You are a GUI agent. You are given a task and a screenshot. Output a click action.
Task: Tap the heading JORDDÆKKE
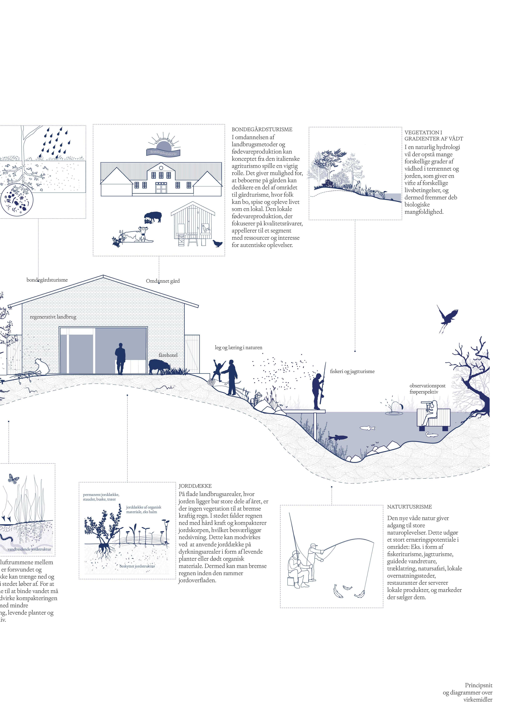pos(195,486)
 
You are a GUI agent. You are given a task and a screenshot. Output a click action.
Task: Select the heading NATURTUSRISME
pos(409,507)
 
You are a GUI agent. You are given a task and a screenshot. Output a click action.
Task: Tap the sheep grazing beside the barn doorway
pos(159,366)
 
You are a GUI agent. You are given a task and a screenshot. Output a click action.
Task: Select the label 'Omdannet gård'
pos(163,281)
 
